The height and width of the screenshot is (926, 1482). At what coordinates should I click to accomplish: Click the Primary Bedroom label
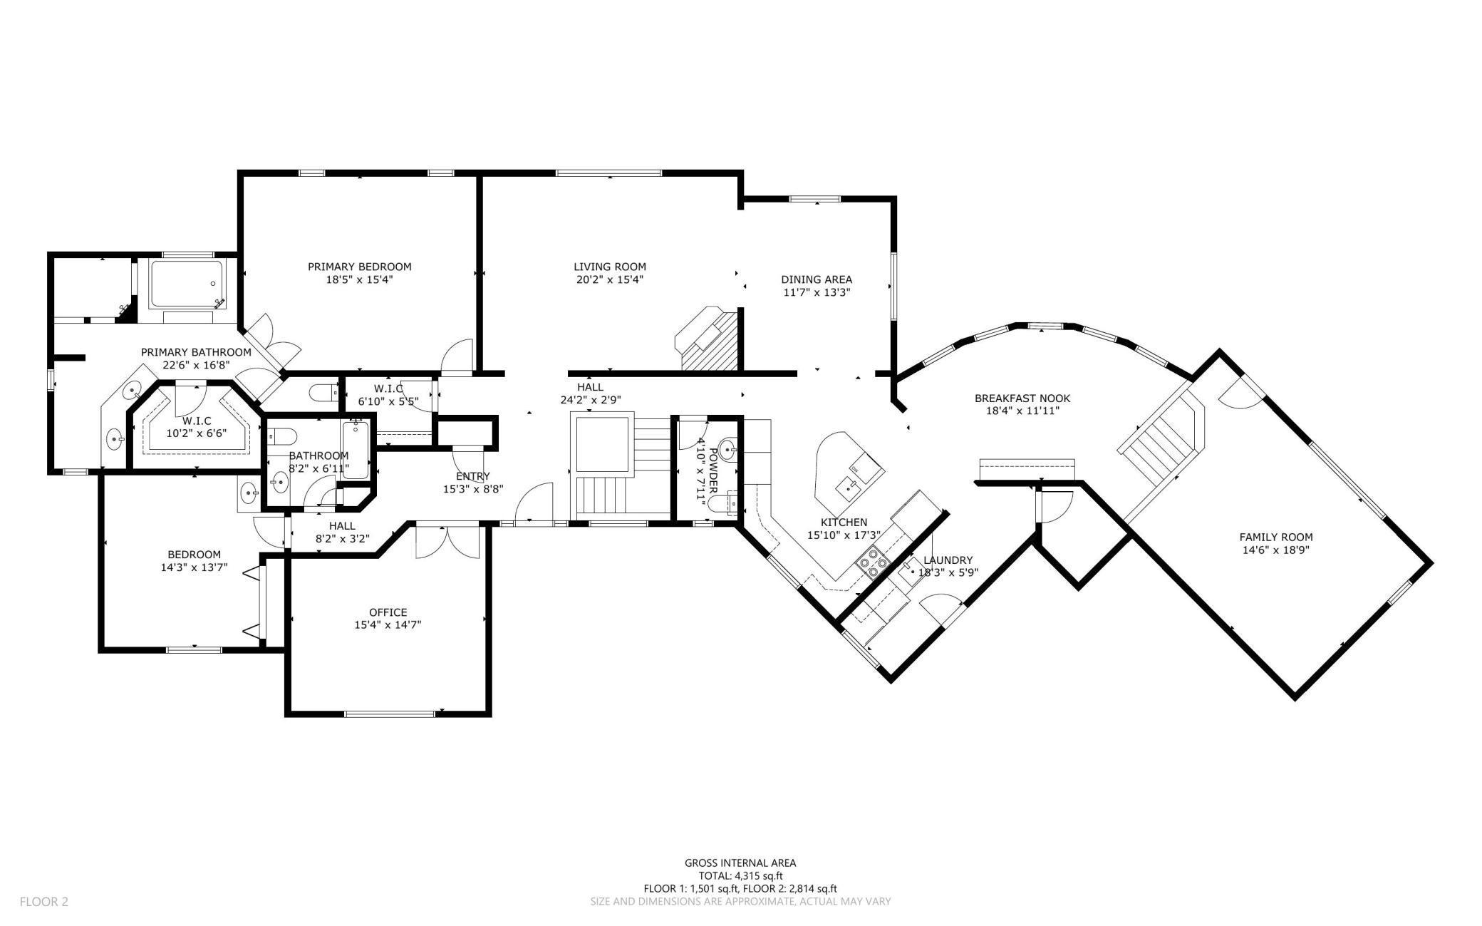tap(359, 267)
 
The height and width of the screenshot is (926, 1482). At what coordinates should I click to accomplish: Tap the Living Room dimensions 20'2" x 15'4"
tap(610, 279)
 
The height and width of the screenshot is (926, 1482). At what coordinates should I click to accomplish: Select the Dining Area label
tap(817, 279)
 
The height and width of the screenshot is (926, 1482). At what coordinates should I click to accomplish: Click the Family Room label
tap(1276, 537)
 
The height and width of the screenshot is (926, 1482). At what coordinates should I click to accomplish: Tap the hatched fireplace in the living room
tap(708, 339)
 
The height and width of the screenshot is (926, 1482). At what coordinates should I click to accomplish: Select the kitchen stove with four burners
tap(873, 562)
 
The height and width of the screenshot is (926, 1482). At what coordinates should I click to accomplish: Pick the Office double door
tap(448, 540)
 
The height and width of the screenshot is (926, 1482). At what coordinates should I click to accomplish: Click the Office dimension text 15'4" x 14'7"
tap(388, 624)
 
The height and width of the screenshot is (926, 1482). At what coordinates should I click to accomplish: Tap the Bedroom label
tap(194, 555)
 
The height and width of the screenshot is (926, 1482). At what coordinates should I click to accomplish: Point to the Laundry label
tap(948, 560)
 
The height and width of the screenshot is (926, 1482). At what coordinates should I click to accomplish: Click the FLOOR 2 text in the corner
tap(44, 902)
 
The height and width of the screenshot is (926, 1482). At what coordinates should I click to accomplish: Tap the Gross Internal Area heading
tap(740, 863)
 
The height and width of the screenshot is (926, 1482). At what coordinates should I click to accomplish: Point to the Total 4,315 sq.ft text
tap(740, 876)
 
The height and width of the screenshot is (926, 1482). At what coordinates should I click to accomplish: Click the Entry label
tap(473, 476)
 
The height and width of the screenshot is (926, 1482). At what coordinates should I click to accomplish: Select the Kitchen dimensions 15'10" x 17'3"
tap(844, 535)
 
